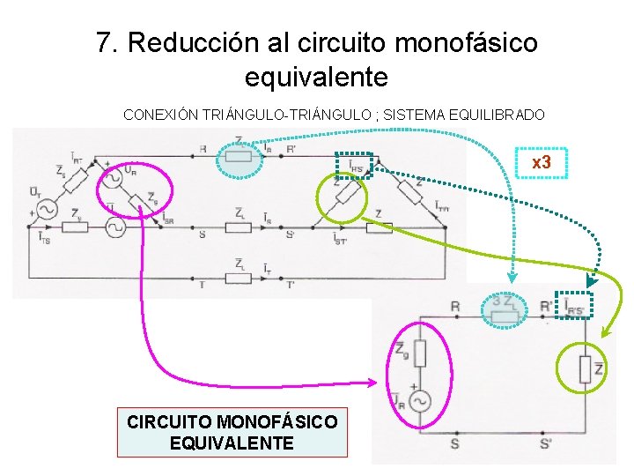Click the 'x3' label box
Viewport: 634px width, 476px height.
click(541, 163)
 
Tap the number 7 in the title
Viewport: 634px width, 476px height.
click(106, 42)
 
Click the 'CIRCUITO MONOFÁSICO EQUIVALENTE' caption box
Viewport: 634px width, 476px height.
click(232, 432)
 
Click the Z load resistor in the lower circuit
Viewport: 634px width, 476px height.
click(585, 368)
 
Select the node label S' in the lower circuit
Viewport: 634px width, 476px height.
click(546, 444)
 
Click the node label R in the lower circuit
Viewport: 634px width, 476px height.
click(454, 306)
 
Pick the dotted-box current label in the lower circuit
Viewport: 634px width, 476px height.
click(574, 303)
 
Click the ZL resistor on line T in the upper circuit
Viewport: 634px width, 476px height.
click(239, 279)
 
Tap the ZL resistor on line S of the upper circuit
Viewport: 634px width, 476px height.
click(239, 227)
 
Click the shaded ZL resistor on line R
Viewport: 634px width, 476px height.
click(239, 158)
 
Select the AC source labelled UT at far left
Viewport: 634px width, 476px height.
click(44, 210)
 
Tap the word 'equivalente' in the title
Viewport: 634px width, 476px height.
click(316, 77)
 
